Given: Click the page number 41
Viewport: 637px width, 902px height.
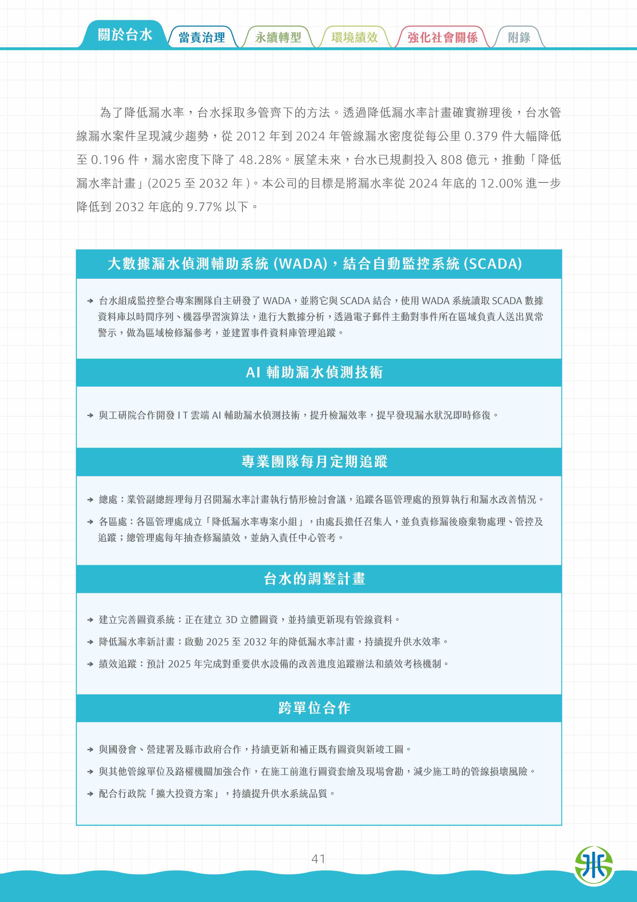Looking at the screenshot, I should tap(318, 859).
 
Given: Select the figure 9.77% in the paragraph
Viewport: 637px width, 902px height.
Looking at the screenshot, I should tap(204, 207).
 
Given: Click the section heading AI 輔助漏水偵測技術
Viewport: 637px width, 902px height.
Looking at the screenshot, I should tap(314, 372).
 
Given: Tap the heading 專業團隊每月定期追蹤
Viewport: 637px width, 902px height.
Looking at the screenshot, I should tap(314, 462).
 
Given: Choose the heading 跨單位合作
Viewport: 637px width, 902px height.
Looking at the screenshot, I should tap(314, 708).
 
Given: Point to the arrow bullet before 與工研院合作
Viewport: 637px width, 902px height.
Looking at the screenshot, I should tap(90, 415).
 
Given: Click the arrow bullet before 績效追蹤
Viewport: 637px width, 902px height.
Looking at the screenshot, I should tap(90, 664).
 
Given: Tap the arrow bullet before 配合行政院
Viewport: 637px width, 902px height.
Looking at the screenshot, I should tap(90, 793).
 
